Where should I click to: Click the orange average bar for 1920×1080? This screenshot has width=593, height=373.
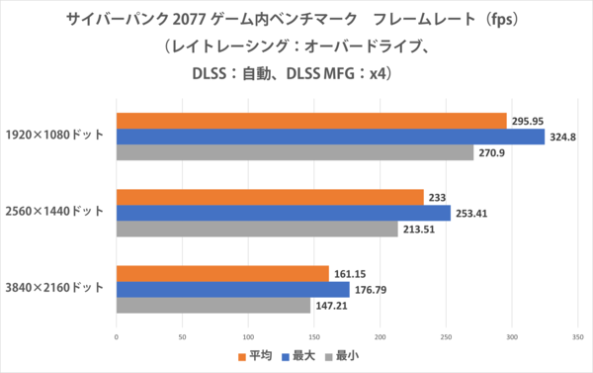pos(311,121)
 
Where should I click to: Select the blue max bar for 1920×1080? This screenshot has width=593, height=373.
pos(330,137)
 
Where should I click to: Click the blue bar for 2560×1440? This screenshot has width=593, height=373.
pos(283,213)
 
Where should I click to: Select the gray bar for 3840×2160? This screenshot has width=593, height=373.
pos(213,306)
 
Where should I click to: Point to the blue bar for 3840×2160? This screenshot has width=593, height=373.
pos(232,290)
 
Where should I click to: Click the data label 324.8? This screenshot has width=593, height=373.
pos(565,137)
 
